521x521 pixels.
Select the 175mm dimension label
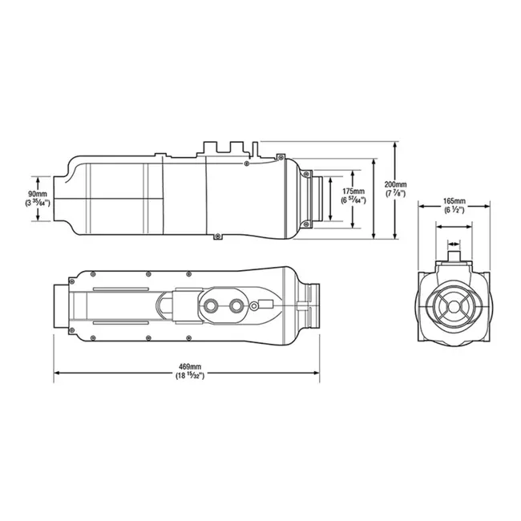[353, 192]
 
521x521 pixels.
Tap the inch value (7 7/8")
[395, 193]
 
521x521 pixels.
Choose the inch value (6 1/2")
[454, 210]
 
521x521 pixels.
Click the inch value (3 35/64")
[37, 204]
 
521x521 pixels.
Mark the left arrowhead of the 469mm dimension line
[56, 374]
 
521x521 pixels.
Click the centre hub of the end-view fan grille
[454, 306]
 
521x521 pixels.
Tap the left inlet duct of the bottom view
[61, 305]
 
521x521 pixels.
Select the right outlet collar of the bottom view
[311, 305]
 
